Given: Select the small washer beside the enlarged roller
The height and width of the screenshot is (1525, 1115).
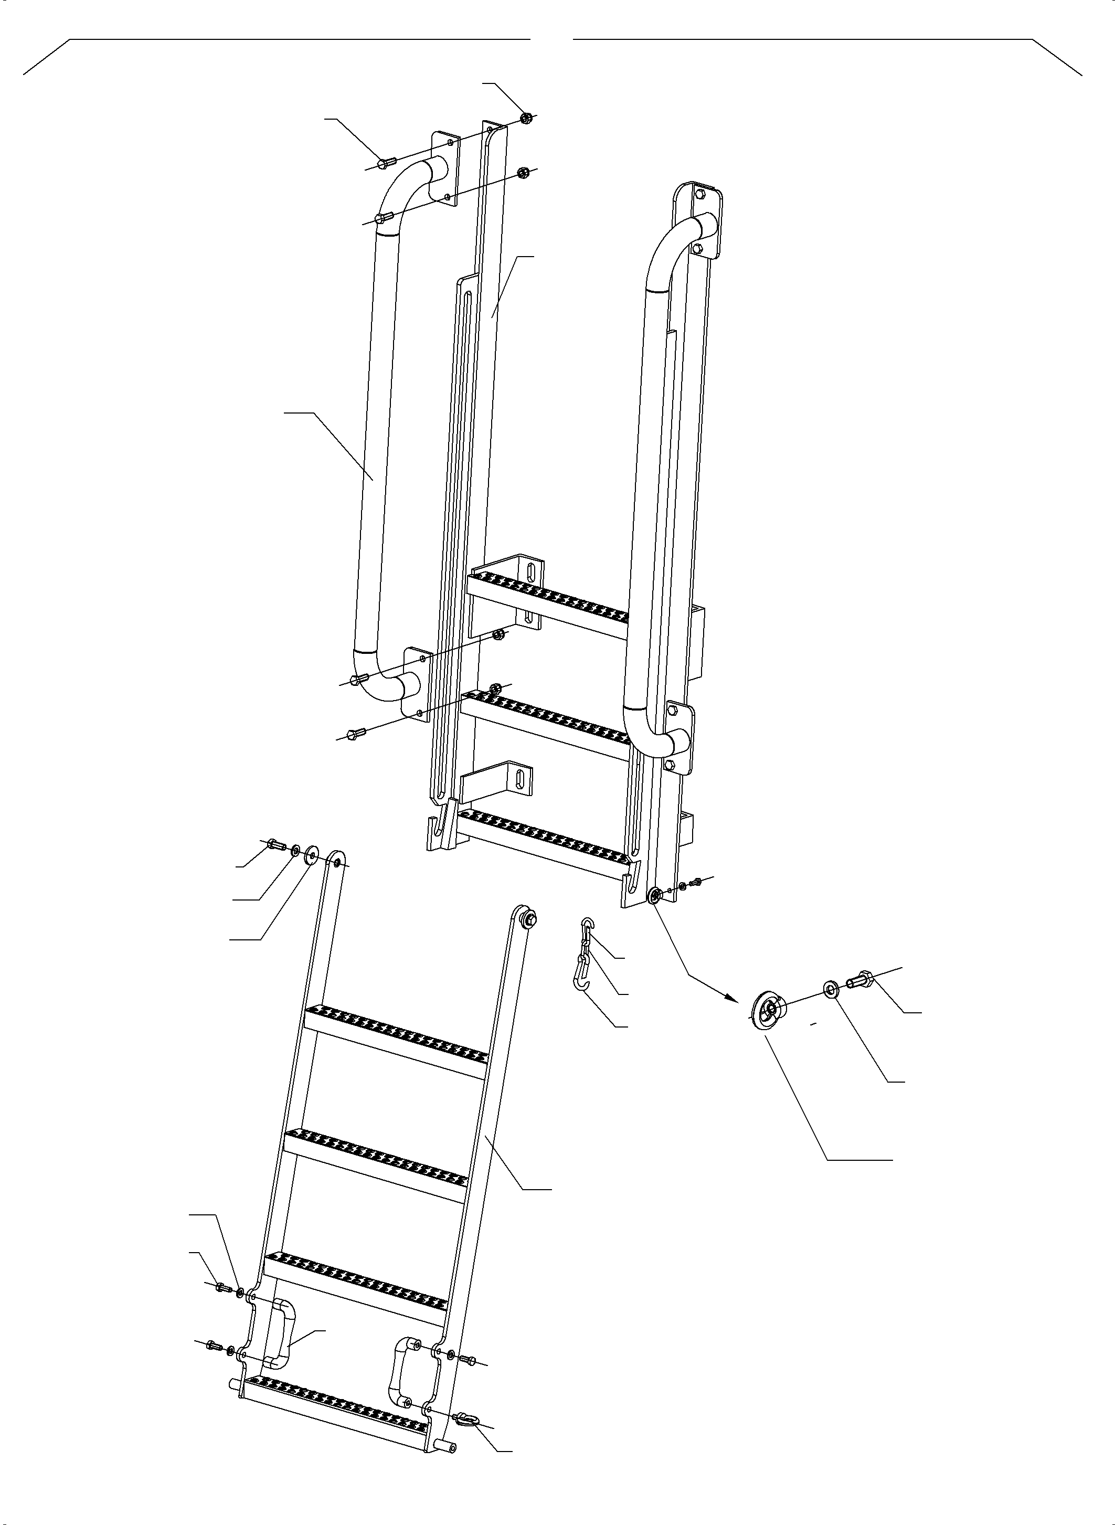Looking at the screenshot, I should click(x=829, y=990).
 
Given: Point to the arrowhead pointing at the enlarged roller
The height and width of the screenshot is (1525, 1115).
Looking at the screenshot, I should click(x=730, y=997).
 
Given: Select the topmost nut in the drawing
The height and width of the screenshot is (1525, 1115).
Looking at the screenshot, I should click(x=527, y=119).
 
